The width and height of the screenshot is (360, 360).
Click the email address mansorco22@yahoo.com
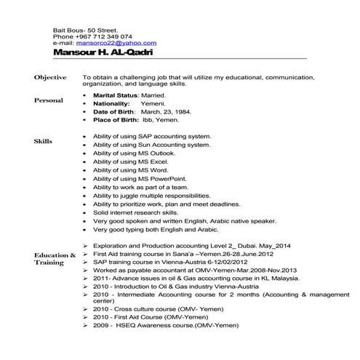click(116, 43)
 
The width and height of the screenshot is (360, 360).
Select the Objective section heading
click(49, 77)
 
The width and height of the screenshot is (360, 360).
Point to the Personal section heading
click(49, 100)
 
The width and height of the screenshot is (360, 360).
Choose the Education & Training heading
click(55, 259)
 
